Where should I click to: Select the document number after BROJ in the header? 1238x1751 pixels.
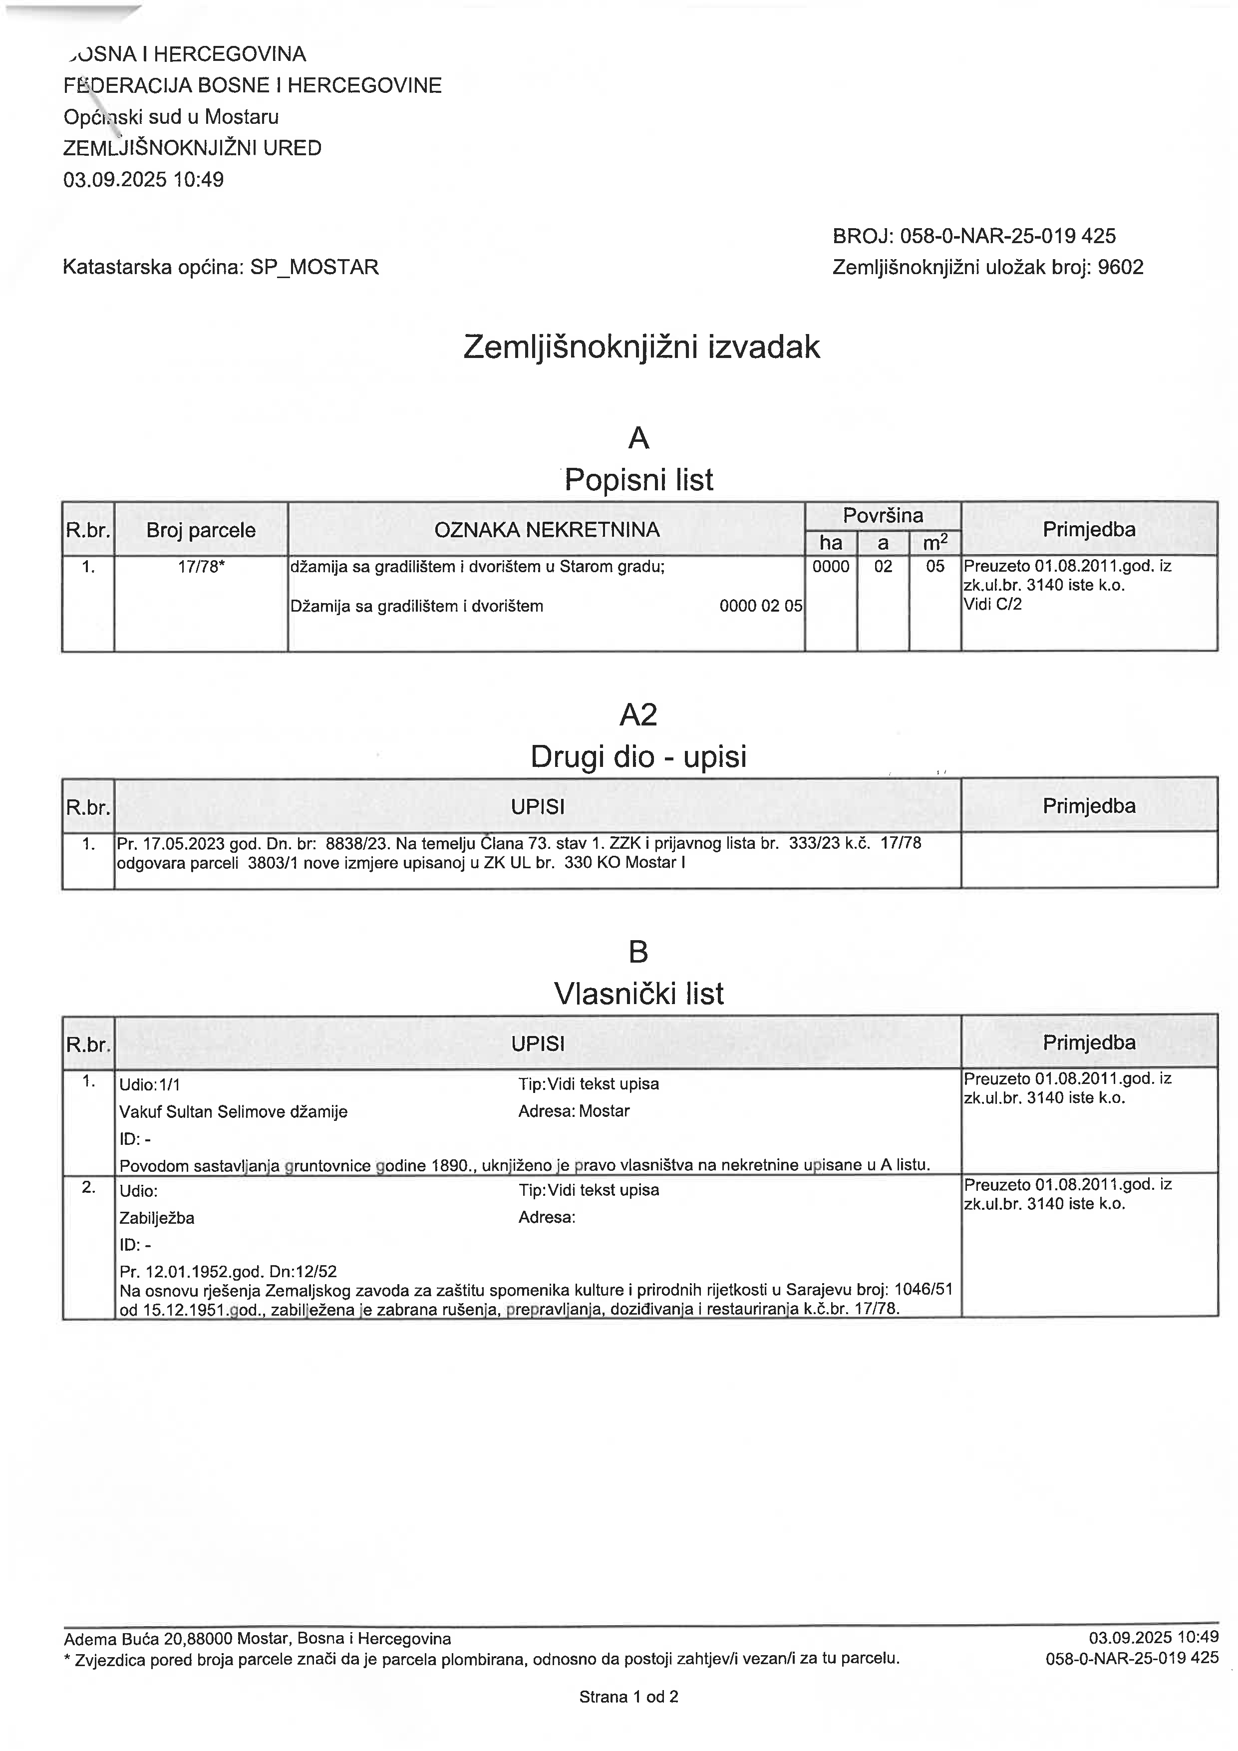pos(1008,236)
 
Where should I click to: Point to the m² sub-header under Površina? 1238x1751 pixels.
pos(934,542)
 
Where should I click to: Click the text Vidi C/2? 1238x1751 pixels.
pos(992,604)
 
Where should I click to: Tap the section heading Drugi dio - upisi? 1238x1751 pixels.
pos(638,756)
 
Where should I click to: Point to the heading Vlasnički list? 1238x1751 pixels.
pos(638,994)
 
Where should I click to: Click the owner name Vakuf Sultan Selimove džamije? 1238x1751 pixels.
pos(233,1111)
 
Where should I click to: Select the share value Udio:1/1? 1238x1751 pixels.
pos(149,1083)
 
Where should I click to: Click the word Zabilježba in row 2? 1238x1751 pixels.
pos(156,1218)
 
